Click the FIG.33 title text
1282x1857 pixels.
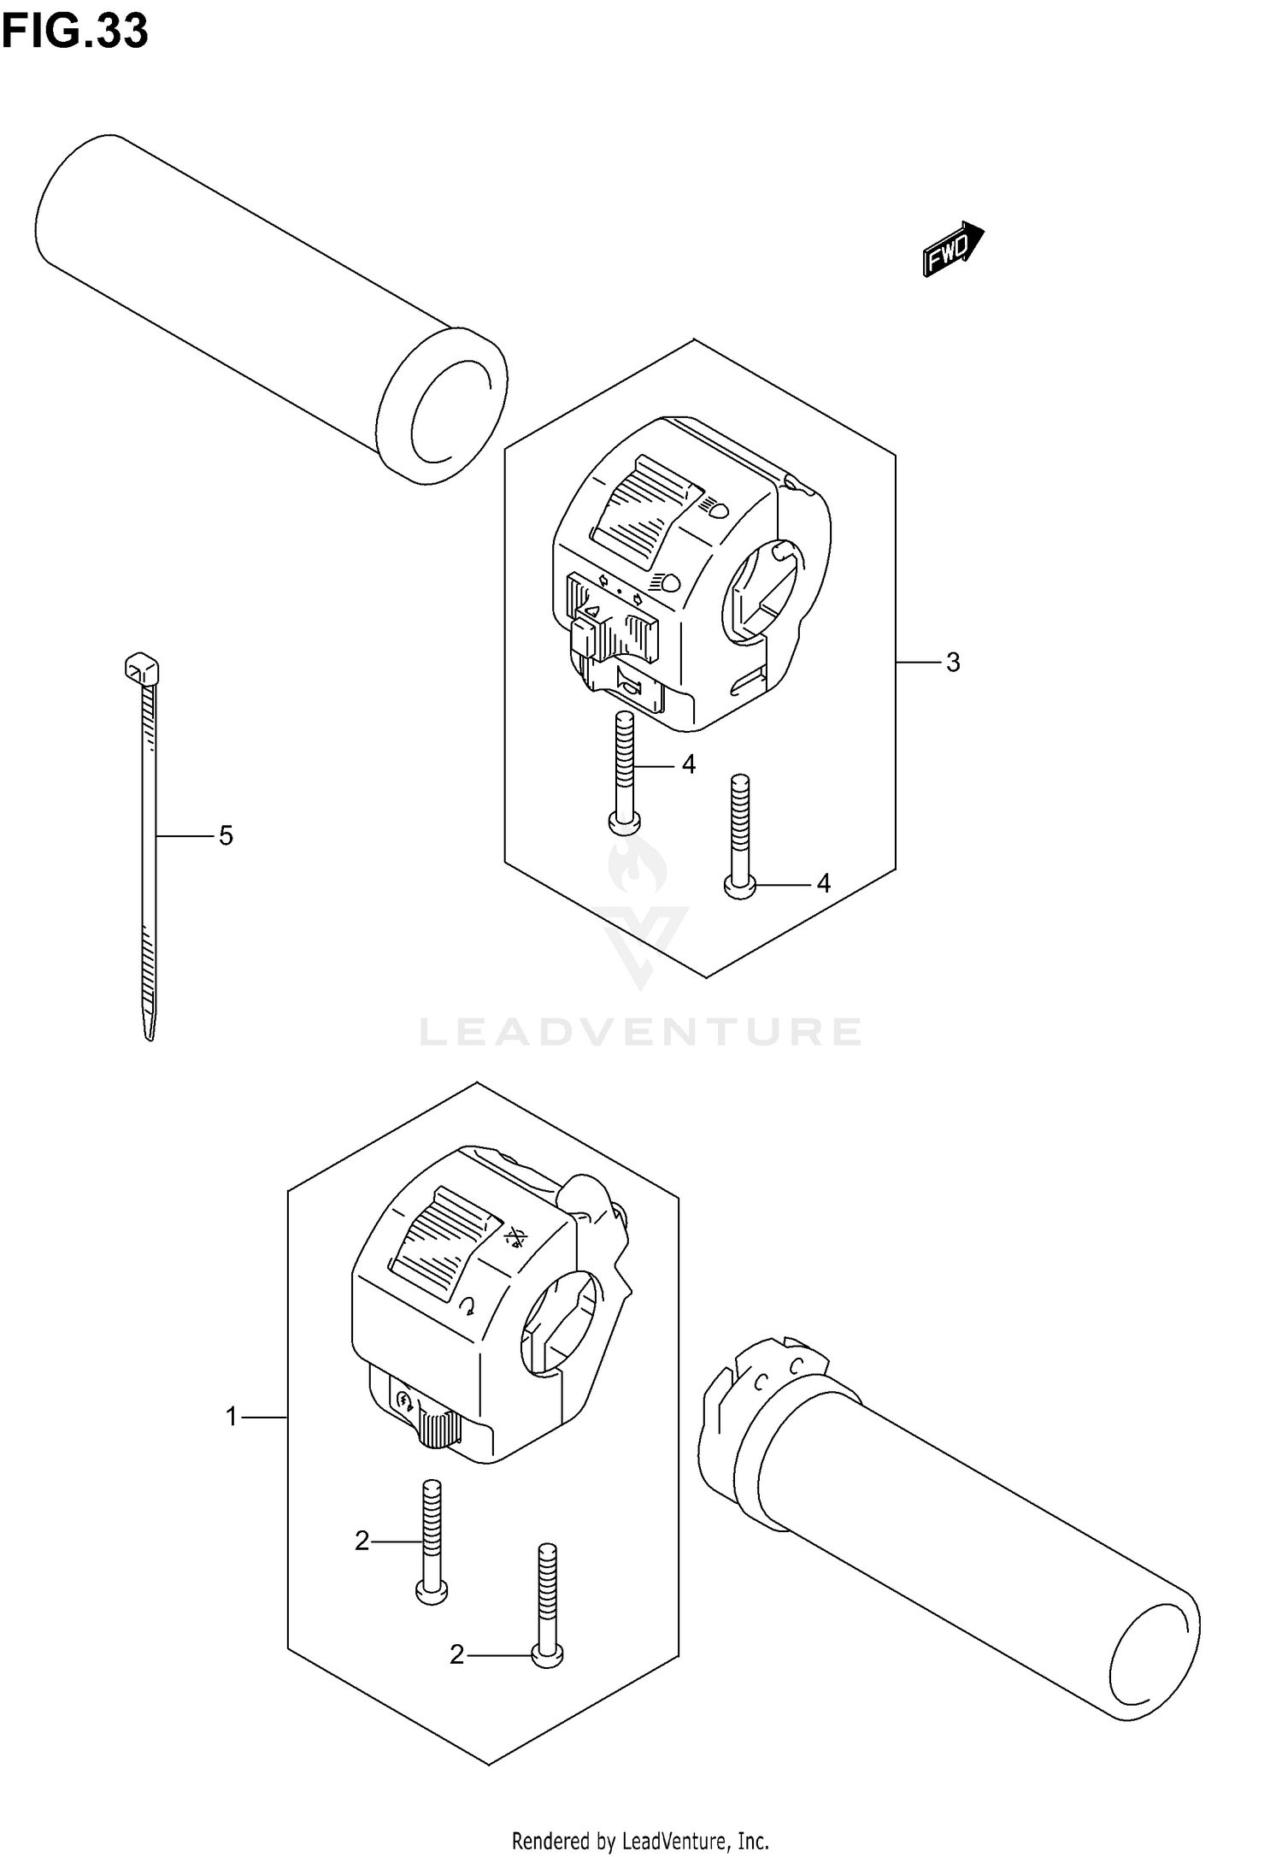pos(75,32)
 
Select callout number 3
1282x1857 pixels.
pos(953,663)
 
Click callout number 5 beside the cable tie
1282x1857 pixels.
pos(226,835)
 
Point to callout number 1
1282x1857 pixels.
pos(231,1418)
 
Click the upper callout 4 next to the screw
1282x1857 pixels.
pos(689,764)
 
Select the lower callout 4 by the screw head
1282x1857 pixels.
pos(823,883)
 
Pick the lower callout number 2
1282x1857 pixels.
pos(456,1656)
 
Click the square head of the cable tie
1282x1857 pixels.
pos(142,668)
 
